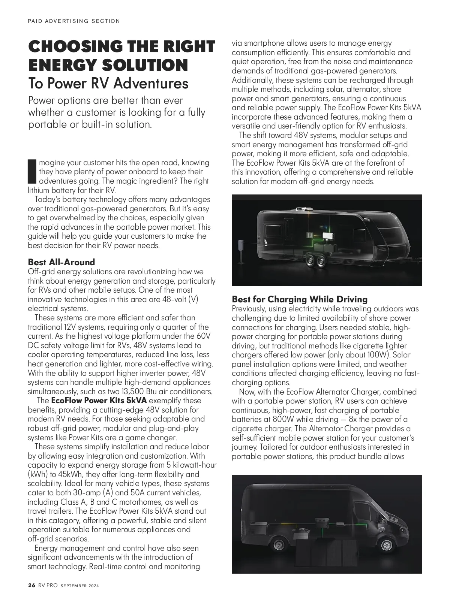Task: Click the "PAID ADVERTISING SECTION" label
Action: (x=74, y=21)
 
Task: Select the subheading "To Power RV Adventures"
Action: (x=108, y=83)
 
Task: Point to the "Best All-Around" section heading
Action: (x=61, y=262)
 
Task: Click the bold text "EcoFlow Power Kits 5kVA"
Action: (x=99, y=401)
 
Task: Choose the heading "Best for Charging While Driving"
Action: (x=300, y=299)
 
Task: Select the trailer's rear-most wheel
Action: (x=310, y=261)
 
